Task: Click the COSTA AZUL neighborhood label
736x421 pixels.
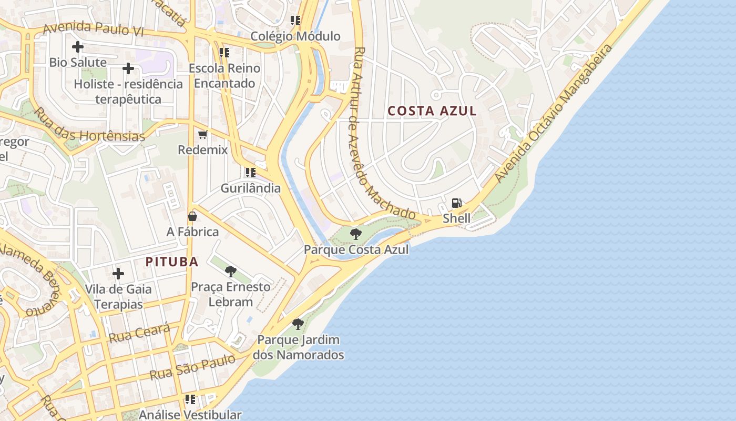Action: (432, 111)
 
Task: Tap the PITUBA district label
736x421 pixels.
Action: (172, 262)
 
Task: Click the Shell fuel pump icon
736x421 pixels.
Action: (457, 203)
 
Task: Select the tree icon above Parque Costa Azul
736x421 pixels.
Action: (356, 234)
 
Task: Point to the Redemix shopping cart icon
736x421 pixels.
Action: (203, 135)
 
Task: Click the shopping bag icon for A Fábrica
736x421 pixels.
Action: (192, 216)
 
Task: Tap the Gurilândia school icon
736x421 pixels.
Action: (251, 172)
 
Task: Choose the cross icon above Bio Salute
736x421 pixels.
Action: (78, 47)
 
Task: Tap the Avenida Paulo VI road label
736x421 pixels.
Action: (93, 29)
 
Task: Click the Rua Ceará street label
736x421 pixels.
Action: (139, 333)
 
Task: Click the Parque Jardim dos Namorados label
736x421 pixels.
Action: (298, 347)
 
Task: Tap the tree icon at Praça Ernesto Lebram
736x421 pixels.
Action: (230, 272)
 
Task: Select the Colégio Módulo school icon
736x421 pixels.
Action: (295, 21)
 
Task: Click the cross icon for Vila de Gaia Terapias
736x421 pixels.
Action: (118, 274)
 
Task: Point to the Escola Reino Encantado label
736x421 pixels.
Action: (224, 76)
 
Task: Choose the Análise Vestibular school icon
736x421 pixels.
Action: (190, 399)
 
